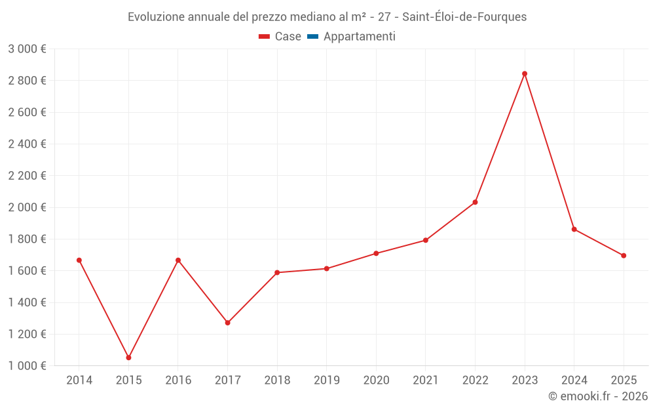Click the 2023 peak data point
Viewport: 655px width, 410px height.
pos(525,73)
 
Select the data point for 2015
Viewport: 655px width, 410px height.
pos(128,358)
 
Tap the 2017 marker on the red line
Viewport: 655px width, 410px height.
pos(227,323)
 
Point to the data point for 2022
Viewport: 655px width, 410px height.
pos(475,202)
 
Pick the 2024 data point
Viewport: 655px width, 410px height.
pos(574,229)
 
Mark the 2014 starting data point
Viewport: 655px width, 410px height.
pos(79,260)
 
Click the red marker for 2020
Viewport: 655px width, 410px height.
pos(376,253)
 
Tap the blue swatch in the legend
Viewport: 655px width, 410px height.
pos(312,37)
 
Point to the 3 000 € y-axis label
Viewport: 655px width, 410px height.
pos(27,49)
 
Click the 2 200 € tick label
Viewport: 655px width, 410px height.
pos(27,176)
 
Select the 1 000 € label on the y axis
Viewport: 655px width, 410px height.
pos(27,366)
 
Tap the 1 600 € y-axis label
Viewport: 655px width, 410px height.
pos(27,271)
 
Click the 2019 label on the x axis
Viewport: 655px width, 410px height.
pos(326,380)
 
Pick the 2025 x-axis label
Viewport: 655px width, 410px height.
pos(623,380)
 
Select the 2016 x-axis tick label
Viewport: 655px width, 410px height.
pos(178,380)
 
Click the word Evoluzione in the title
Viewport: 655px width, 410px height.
pos(156,17)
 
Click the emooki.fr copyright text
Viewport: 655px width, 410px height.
pos(598,396)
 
